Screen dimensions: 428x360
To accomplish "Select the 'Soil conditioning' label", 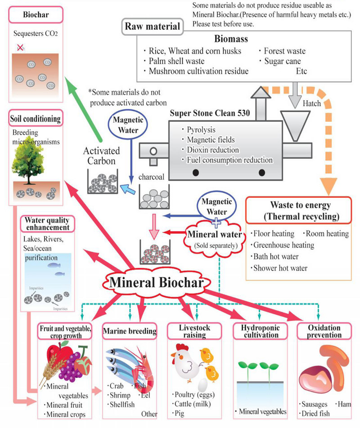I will [x=36, y=119].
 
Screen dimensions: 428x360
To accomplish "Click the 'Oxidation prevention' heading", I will [x=324, y=332].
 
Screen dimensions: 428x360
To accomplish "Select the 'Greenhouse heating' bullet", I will [x=283, y=245].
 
